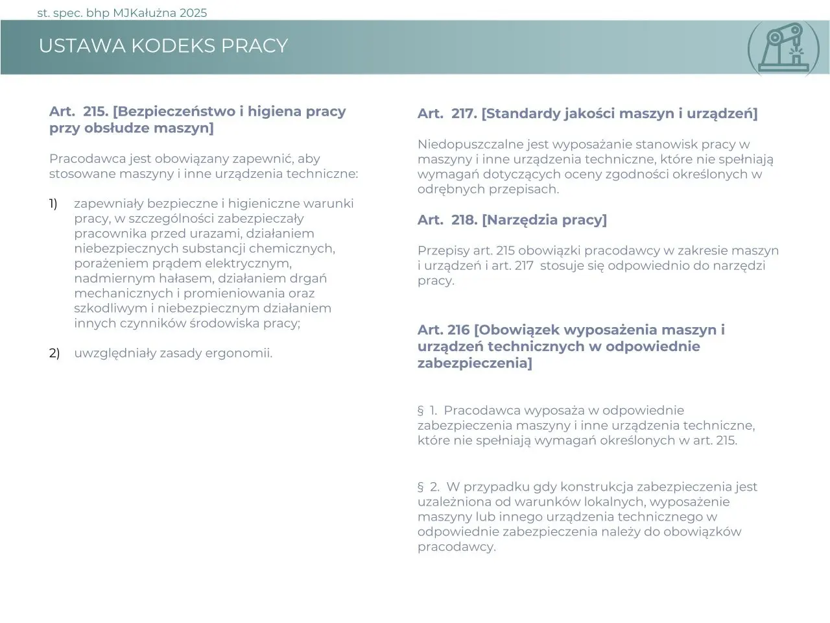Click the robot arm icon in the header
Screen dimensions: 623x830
point(787,47)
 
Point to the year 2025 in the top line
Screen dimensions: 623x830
point(194,13)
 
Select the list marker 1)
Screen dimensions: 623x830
point(53,204)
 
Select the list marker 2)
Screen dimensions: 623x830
point(54,354)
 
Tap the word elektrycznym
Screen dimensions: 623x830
point(248,263)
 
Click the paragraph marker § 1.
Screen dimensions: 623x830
point(427,411)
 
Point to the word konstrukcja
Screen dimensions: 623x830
point(596,487)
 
